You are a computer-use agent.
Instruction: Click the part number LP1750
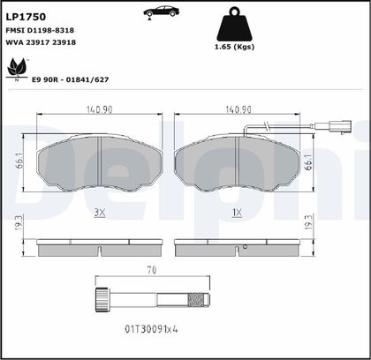click(26, 17)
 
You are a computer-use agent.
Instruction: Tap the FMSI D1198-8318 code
click(40, 30)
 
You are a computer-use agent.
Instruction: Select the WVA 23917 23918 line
click(41, 42)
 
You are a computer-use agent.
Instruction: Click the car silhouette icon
click(161, 12)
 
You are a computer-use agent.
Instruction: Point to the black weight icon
click(235, 24)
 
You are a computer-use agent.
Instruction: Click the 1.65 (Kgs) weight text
click(234, 47)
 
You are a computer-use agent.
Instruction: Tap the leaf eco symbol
click(17, 68)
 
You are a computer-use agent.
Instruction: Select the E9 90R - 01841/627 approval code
click(71, 79)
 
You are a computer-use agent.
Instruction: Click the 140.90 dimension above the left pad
click(99, 109)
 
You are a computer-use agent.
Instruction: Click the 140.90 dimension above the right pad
click(238, 109)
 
